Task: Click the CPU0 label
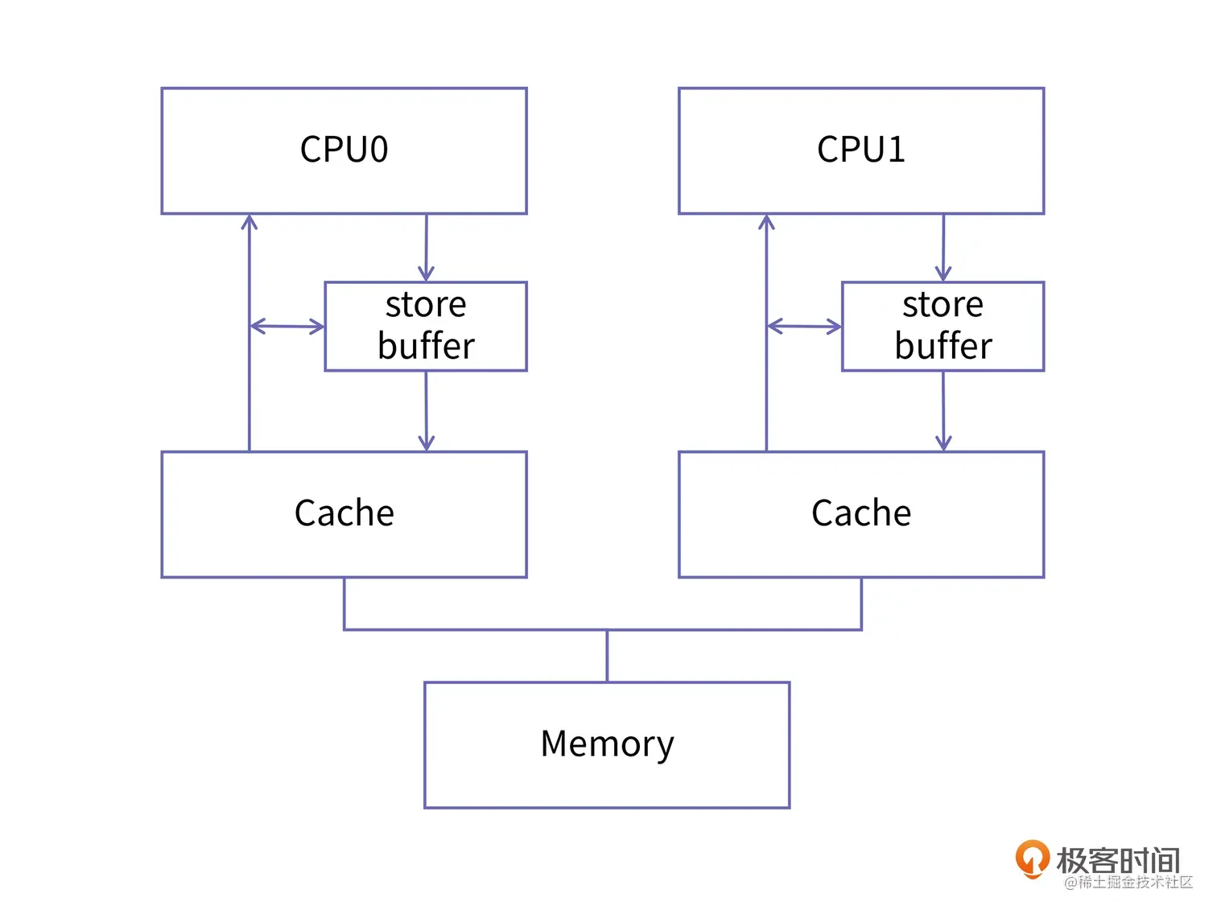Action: [x=344, y=150]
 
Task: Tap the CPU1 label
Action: [x=860, y=150]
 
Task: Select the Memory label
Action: [x=607, y=744]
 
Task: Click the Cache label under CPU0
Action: [x=344, y=513]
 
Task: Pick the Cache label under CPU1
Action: [x=860, y=513]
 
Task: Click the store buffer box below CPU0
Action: [x=426, y=326]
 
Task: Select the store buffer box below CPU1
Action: [x=943, y=326]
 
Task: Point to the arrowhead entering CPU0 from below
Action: [x=250, y=221]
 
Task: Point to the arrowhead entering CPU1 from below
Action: [x=766, y=221]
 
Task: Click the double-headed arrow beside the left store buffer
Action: [x=287, y=327]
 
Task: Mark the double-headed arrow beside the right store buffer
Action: [x=804, y=327]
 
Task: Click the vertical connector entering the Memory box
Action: [x=607, y=656]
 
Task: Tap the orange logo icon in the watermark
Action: [x=1032, y=858]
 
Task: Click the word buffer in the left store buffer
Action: [x=426, y=346]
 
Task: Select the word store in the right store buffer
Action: [x=943, y=305]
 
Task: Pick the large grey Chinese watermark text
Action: [x=1118, y=860]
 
